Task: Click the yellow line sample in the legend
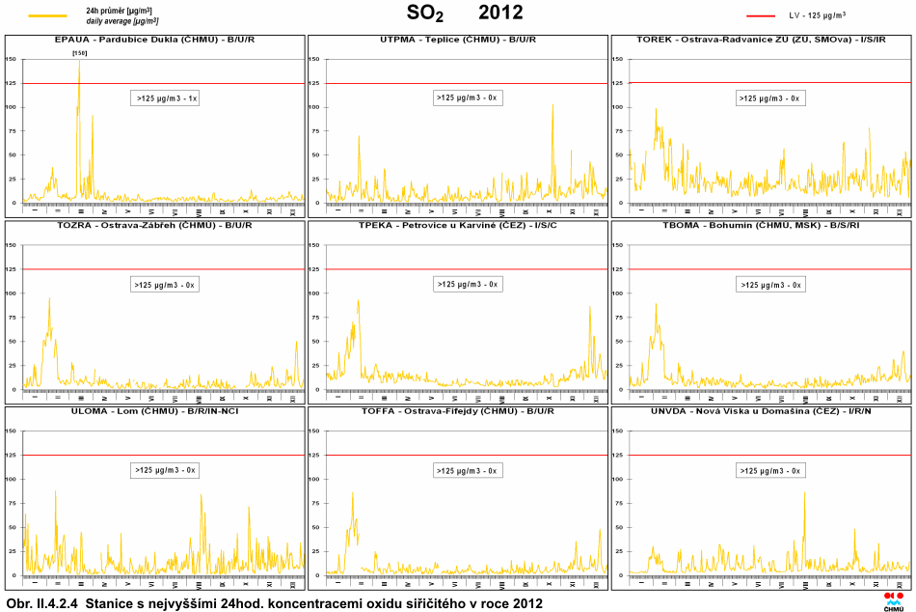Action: tap(47, 15)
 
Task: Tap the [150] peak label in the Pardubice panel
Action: tap(80, 53)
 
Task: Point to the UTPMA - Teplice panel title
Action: tap(458, 40)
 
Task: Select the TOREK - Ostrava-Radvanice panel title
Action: tap(761, 40)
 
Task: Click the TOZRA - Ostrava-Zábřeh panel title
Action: tap(154, 225)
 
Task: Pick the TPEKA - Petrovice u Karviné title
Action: tap(458, 225)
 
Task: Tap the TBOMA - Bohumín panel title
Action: tap(761, 225)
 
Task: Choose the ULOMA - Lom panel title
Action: tap(154, 411)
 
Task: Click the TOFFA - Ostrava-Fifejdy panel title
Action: tap(458, 411)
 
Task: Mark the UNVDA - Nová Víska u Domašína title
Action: tap(761, 411)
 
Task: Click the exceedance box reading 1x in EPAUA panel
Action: tap(165, 98)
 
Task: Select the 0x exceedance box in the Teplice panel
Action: tap(468, 97)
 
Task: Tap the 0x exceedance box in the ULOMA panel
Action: tap(165, 470)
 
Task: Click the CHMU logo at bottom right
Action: tap(893, 600)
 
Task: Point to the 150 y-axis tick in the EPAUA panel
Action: tap(12, 59)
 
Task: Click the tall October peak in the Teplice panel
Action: tap(553, 106)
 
